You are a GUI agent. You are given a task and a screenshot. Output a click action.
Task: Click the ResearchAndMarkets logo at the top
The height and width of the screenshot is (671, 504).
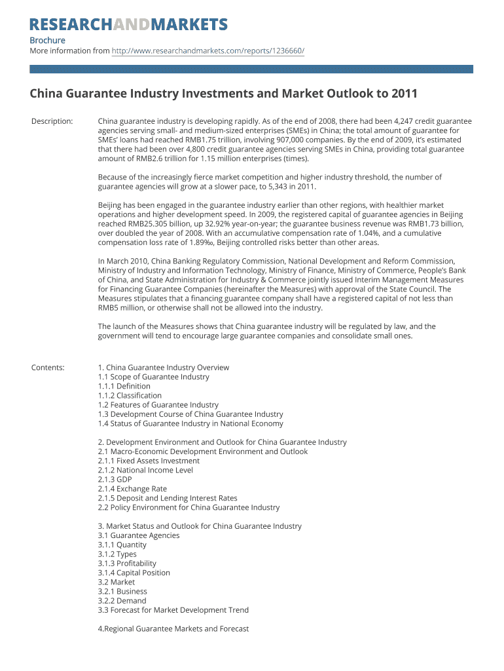point(128,25)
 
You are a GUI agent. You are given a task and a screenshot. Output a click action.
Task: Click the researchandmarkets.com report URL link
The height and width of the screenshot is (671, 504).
point(207,50)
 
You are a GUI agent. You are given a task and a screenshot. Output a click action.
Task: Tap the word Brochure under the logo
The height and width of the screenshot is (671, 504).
point(47,41)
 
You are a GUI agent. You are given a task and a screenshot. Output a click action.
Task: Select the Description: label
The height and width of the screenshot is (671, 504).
point(52,121)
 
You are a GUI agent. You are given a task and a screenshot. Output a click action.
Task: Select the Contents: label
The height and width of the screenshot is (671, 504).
point(48,368)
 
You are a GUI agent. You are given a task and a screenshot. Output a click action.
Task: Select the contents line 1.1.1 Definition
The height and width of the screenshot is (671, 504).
point(124,386)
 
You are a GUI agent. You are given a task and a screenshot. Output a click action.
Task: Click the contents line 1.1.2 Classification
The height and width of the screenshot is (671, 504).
point(130,395)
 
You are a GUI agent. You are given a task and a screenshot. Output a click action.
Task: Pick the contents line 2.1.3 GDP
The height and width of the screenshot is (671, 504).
point(115,479)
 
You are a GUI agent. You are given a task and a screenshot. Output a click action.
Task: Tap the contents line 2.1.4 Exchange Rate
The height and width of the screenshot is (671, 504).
point(132,488)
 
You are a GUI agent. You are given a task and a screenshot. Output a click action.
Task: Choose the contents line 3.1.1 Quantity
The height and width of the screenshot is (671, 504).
point(122,545)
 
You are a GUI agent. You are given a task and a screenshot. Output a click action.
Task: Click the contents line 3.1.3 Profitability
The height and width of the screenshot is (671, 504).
point(127,563)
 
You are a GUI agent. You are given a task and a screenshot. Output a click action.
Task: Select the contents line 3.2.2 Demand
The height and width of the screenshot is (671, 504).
point(122,600)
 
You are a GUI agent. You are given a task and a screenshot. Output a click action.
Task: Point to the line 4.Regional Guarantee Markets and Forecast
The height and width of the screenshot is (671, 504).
point(173,628)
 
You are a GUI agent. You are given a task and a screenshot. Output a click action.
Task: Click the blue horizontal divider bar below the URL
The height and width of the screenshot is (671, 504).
point(251,69)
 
